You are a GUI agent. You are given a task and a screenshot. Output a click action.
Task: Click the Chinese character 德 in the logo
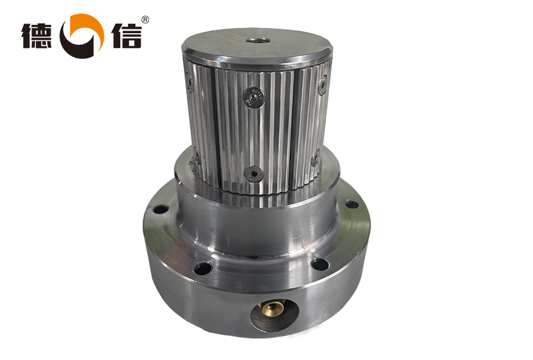[36, 36]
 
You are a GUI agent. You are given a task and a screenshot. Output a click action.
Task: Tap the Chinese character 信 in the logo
[127, 36]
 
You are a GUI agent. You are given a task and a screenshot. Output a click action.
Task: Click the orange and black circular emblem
[82, 36]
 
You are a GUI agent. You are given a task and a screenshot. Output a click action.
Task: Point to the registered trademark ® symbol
[145, 20]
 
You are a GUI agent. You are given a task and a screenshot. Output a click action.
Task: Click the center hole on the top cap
[258, 40]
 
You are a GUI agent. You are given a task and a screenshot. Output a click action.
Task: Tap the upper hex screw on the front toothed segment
[254, 97]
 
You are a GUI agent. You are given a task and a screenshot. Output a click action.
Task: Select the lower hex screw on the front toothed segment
[254, 175]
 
